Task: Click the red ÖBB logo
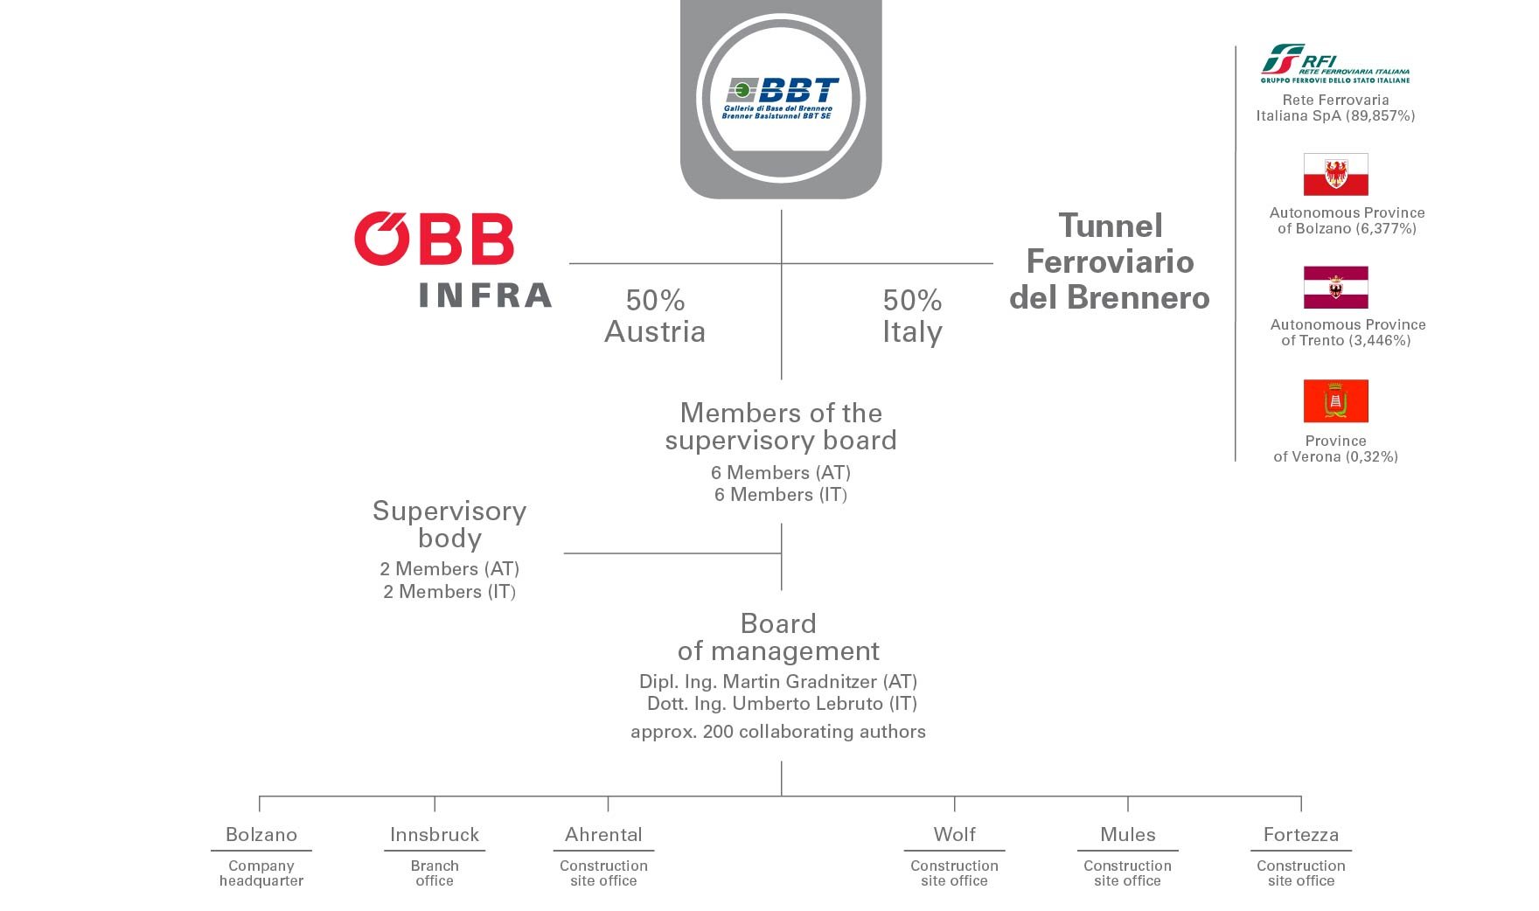[435, 238]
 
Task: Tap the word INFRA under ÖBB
[485, 296]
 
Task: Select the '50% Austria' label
[655, 316]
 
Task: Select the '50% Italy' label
[912, 316]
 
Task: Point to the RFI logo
[1334, 63]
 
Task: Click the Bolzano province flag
[1335, 175]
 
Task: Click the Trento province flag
[1335, 288]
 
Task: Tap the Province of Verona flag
[1335, 401]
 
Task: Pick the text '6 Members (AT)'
[780, 473]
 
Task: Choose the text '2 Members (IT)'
[449, 592]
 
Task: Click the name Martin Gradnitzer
[799, 682]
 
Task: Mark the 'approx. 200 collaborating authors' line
[777, 732]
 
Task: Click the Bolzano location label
[261, 835]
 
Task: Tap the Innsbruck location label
[435, 835]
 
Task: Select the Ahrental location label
[603, 835]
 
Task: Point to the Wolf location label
[954, 835]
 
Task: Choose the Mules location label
[1127, 835]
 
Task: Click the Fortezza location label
[1300, 835]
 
